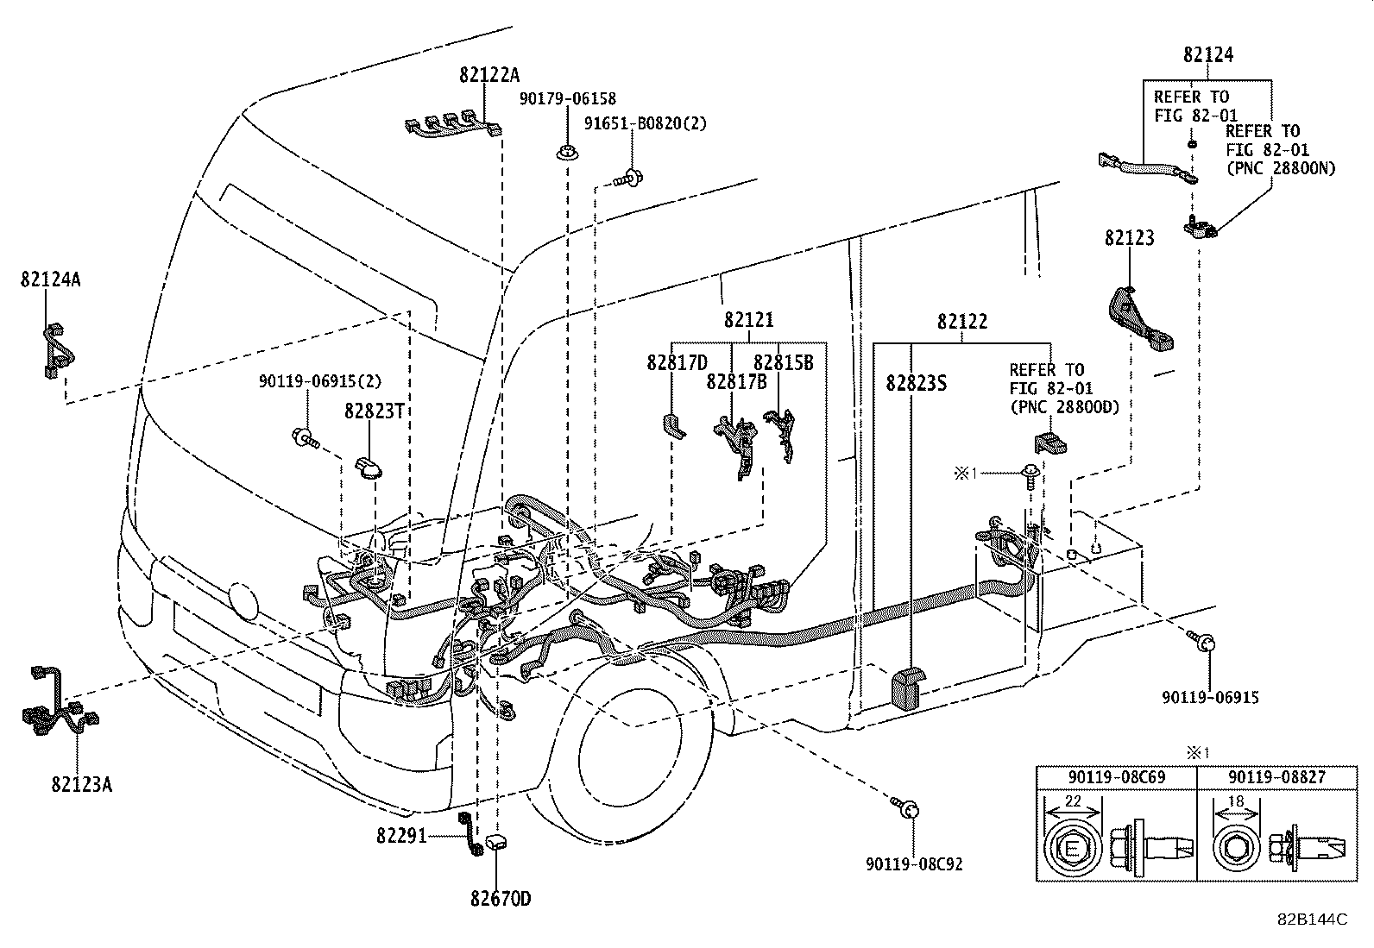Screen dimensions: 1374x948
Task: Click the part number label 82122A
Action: pos(488,75)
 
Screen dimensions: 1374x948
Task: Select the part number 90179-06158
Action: pos(567,98)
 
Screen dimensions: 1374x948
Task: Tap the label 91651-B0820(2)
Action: pos(646,124)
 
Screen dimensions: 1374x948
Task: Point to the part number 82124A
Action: pos(50,279)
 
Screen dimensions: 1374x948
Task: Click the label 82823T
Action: pos(375,411)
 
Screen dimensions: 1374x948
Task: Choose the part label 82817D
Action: pos(678,363)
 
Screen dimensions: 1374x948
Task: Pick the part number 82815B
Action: pos(784,363)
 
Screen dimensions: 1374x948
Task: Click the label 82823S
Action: pos(917,384)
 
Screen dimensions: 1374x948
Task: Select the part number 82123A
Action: pos(82,785)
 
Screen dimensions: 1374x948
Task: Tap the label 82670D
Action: pos(501,899)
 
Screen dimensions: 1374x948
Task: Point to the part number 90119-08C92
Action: pos(915,864)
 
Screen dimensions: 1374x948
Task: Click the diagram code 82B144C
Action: pos(1312,920)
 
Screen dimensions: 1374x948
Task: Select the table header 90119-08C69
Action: pos(1117,777)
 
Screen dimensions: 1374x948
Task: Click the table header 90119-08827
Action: pos(1276,777)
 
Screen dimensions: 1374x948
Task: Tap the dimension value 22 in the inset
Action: pos(1073,801)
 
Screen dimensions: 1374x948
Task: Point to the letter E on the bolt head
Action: pos(1072,850)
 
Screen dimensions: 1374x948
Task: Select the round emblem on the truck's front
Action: pos(243,600)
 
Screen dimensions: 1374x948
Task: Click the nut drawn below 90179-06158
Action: pos(567,152)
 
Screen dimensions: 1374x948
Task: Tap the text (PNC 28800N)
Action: pos(1281,168)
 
